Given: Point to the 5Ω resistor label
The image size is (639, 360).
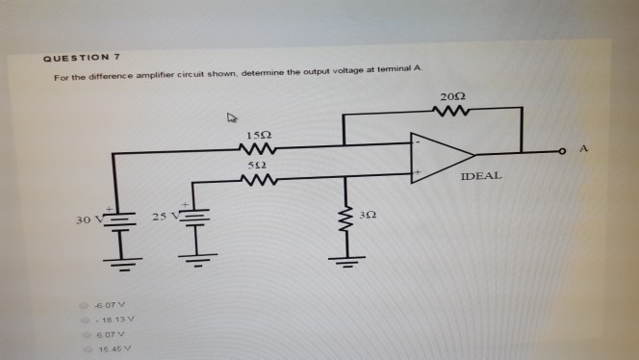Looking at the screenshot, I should [257, 166].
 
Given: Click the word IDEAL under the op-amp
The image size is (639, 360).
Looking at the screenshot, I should [480, 179].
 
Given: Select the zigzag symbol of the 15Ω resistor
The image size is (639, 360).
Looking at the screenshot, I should [258, 148].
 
